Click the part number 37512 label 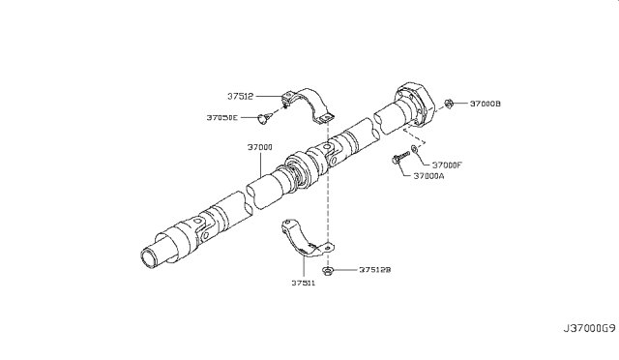point(242,96)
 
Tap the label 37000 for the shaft point(259,147)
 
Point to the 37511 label point(302,285)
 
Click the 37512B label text point(375,271)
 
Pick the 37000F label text point(448,165)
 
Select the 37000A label point(429,177)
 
